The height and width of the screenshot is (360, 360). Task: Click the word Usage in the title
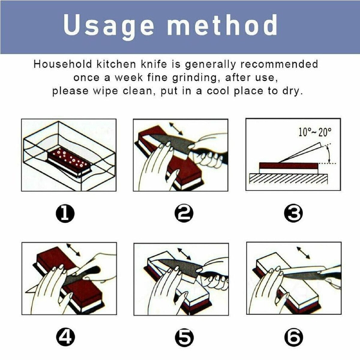coord(109,27)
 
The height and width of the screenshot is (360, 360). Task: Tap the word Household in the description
coord(63,64)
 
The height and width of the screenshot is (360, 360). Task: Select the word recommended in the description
coord(279,64)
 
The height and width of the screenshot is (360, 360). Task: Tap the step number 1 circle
coord(65,214)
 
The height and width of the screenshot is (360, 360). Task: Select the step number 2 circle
coord(184,214)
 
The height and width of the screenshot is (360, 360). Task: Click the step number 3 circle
coord(293,214)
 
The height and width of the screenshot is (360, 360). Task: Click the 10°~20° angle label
coord(315,133)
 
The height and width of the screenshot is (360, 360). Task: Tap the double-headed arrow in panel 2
coord(175,128)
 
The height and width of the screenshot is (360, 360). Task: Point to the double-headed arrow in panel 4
coord(73,250)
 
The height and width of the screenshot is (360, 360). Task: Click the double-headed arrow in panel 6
coord(303,253)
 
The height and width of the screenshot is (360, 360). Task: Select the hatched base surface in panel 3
coord(289,178)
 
